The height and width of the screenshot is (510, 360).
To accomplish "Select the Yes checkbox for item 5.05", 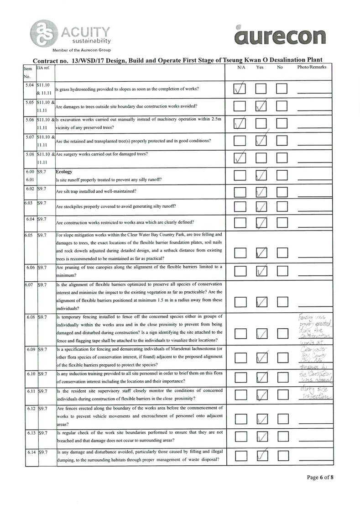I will (x=261, y=106).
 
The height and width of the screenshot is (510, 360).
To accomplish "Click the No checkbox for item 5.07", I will (x=282, y=142).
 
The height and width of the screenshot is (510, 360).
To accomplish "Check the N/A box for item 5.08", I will (x=240, y=158).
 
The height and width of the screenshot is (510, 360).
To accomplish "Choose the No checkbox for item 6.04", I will (x=282, y=222).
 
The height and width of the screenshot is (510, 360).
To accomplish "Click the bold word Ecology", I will (x=64, y=173).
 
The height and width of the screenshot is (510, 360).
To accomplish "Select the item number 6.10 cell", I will (x=31, y=374).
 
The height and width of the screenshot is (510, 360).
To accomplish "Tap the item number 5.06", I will (x=31, y=119).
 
